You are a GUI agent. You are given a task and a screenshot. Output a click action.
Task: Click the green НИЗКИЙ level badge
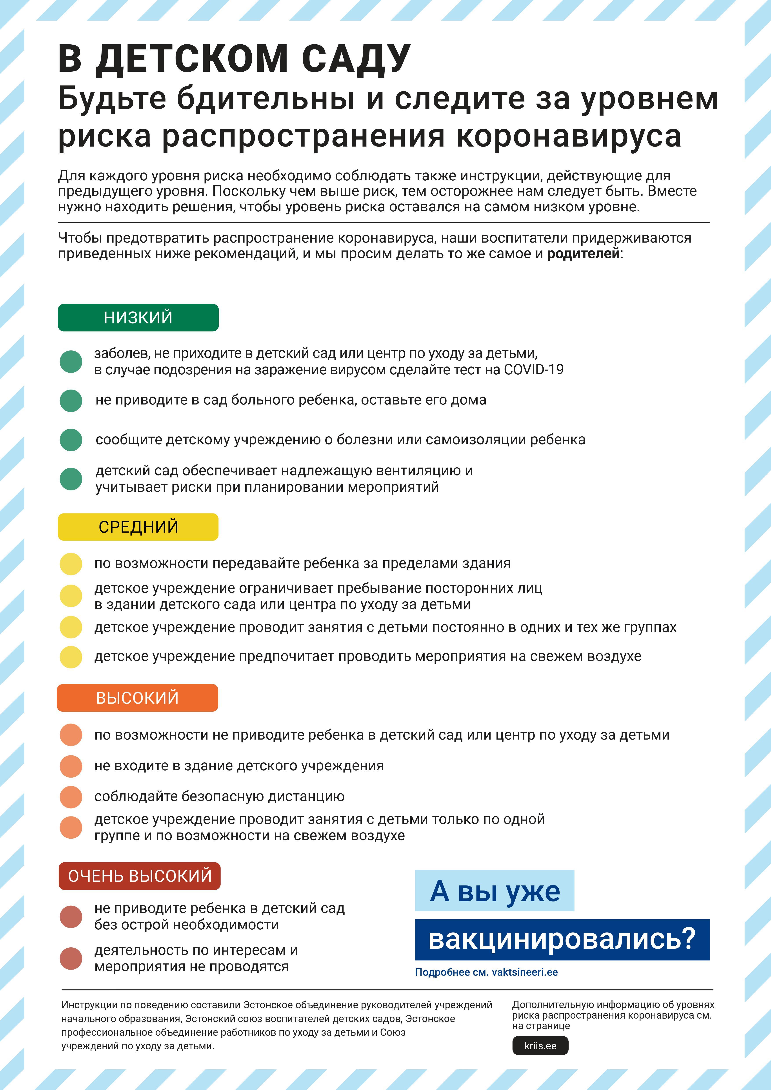(x=138, y=318)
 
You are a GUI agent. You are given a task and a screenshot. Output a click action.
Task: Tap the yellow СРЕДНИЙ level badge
(x=138, y=527)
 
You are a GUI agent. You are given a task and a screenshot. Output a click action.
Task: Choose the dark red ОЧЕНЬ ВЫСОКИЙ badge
(x=140, y=876)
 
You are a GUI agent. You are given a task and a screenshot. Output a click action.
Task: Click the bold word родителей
(x=584, y=254)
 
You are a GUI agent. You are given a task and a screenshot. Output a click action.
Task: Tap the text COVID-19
(x=534, y=369)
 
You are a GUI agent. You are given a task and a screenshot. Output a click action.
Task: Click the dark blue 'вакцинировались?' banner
(x=562, y=939)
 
